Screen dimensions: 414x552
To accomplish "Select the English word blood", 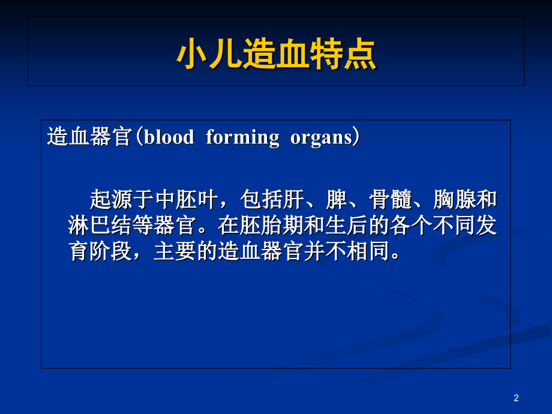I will (x=169, y=137).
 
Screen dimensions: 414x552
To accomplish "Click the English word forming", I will (x=242, y=137).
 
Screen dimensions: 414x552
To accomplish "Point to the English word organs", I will (x=321, y=137).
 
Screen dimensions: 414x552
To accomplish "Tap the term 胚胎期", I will (x=271, y=225).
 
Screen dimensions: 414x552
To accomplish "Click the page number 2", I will (x=516, y=398).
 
